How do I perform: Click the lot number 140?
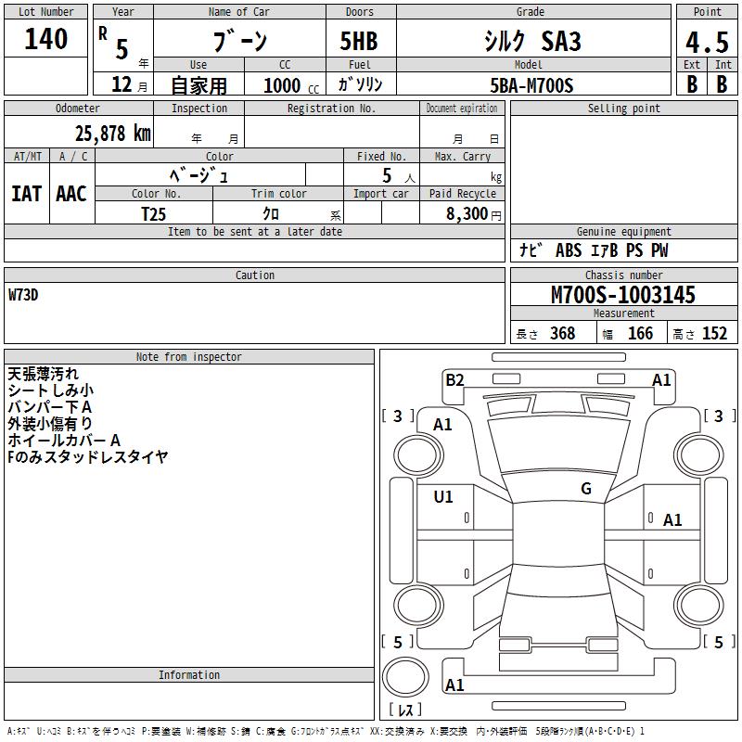pos(45,39)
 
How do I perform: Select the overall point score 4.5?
pos(707,42)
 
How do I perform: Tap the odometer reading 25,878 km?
pos(112,134)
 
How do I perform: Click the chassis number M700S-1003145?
pos(623,294)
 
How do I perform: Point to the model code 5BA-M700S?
pos(531,85)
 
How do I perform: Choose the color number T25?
pos(153,214)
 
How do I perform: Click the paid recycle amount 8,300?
pos(467,213)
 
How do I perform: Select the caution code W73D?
pos(23,295)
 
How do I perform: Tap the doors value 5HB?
pos(359,41)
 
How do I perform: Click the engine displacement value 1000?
pos(282,85)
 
